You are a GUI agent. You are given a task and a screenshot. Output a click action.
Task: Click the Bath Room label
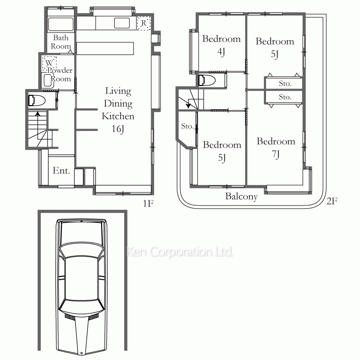60,42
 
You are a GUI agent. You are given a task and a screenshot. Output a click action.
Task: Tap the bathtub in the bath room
60,24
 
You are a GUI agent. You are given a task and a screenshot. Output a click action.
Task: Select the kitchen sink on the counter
122,23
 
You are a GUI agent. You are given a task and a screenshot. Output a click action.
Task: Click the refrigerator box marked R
144,23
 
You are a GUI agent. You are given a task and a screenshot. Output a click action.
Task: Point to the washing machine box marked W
49,63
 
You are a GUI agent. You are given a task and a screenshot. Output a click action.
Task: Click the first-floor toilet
36,100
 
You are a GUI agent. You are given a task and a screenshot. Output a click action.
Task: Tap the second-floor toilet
207,80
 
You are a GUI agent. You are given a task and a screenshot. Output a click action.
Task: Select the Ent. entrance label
61,171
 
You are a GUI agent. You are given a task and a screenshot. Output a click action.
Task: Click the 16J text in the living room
118,129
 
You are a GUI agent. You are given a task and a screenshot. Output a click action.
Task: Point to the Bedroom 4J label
221,45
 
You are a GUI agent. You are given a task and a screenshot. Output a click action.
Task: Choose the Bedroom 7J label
276,148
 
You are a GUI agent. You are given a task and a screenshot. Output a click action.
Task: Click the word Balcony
241,197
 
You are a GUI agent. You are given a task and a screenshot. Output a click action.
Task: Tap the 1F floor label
148,203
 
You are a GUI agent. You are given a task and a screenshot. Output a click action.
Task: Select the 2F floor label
332,201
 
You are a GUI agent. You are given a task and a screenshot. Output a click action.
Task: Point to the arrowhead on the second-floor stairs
189,105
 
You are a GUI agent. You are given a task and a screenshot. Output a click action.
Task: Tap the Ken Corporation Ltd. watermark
180,252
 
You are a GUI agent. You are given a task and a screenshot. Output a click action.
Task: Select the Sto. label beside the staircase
187,126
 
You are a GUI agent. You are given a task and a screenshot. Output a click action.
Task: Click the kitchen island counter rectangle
105,48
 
